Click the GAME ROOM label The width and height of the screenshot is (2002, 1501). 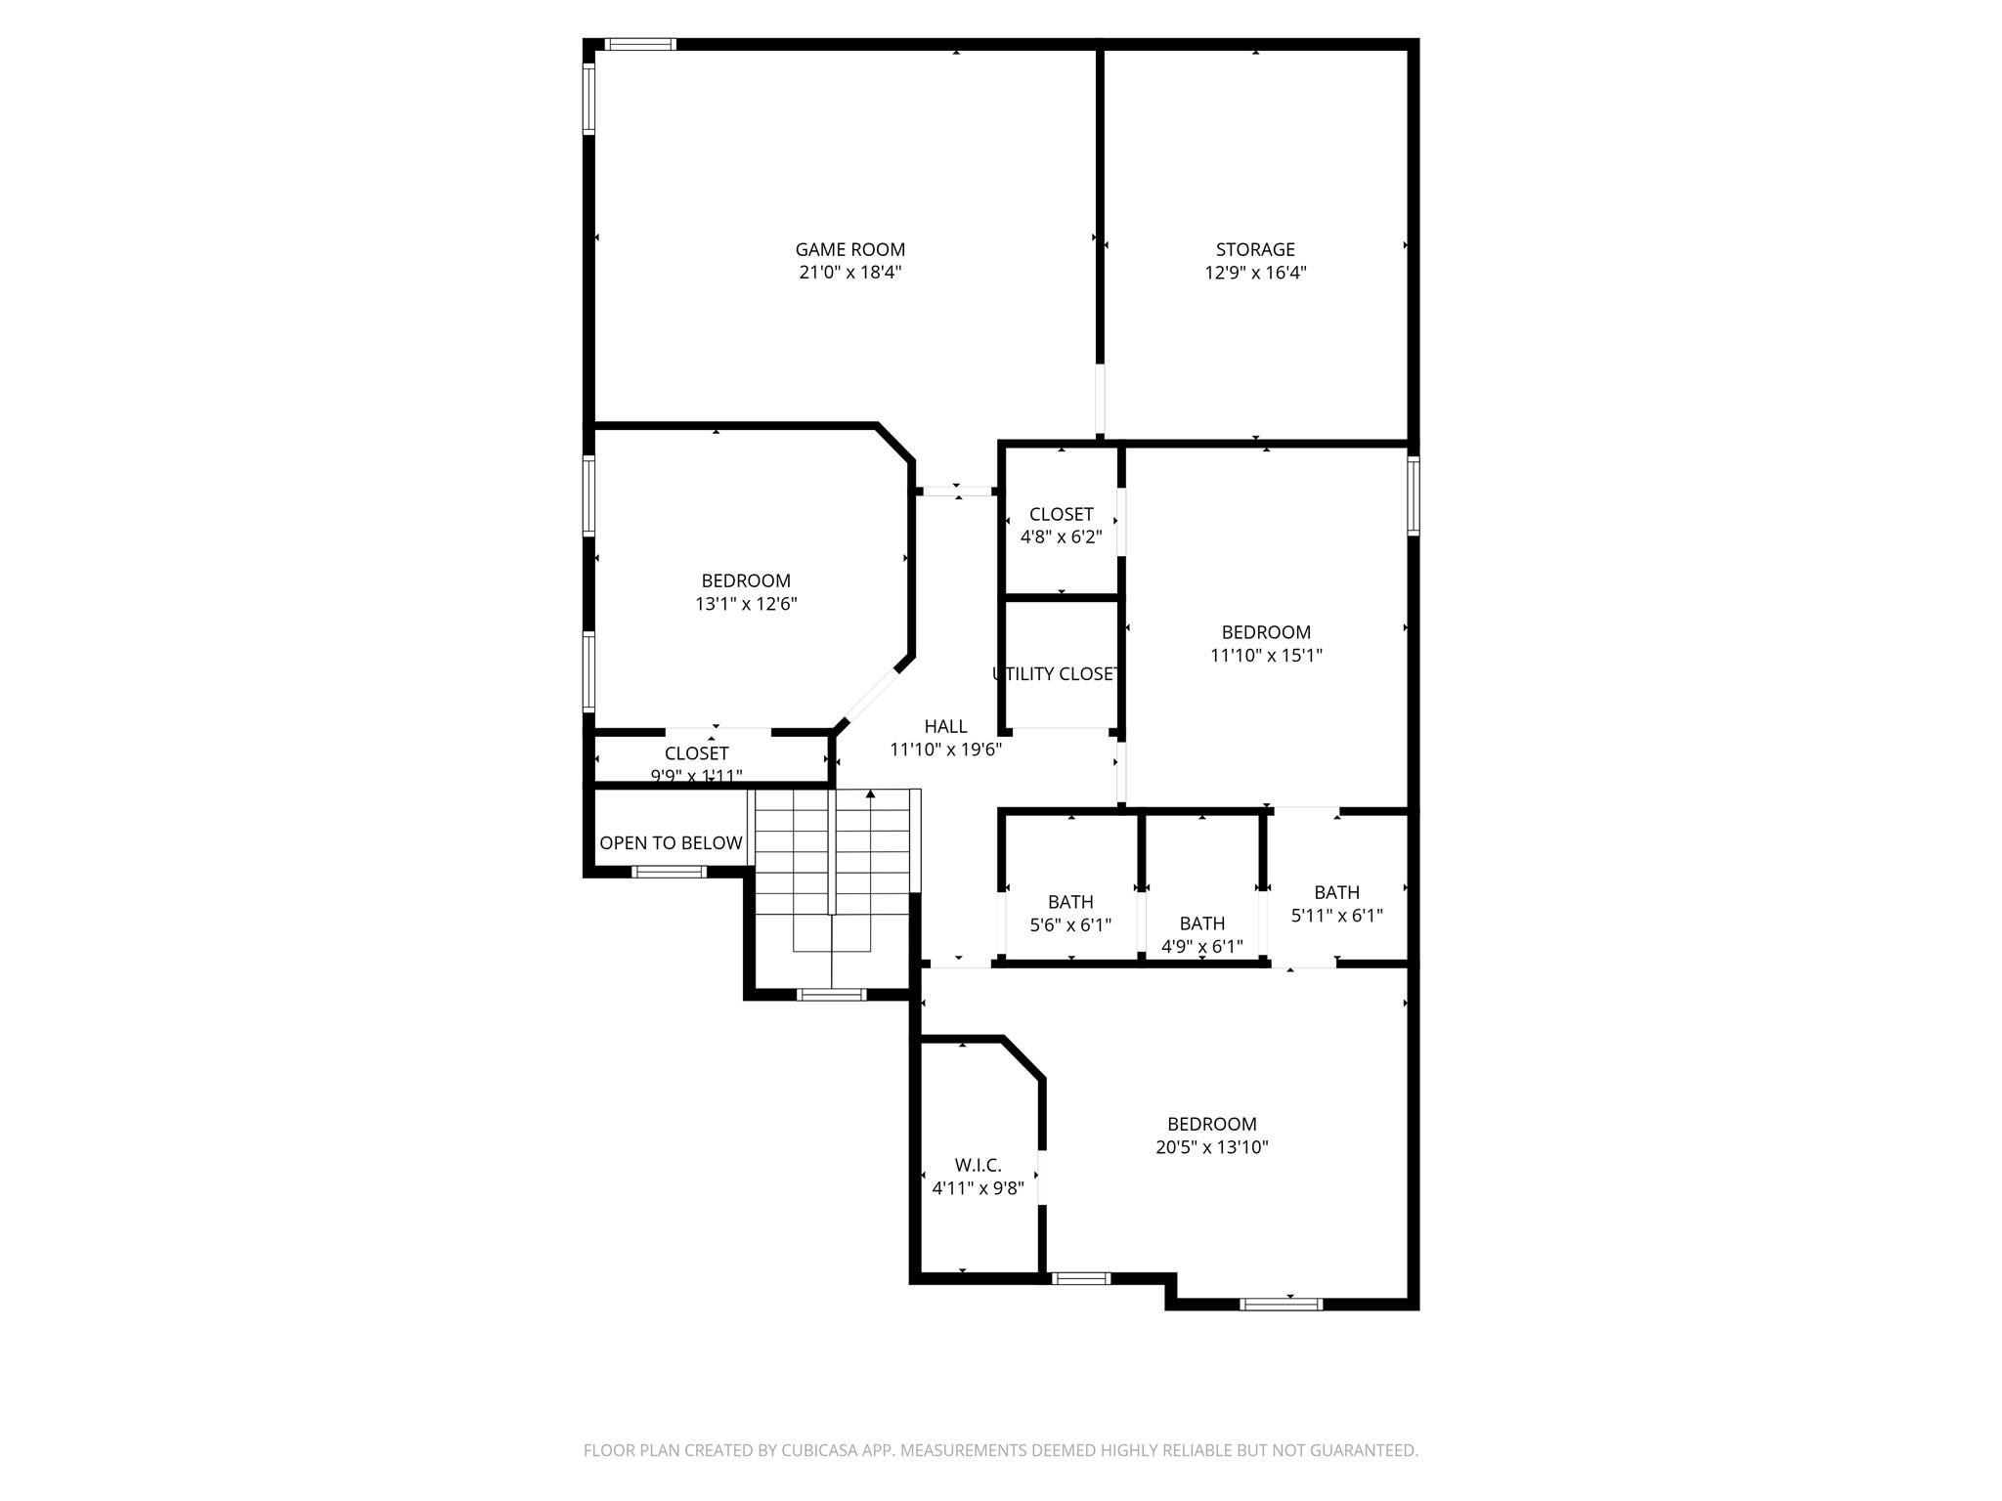[849, 249]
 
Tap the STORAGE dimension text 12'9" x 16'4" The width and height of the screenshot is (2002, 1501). [1255, 273]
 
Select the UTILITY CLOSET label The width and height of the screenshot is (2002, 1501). [1056, 674]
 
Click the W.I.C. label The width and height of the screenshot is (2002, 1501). [978, 1165]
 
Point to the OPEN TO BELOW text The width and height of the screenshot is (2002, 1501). [671, 842]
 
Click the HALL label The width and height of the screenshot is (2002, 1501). [945, 726]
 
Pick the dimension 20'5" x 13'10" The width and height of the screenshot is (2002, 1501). [1211, 1147]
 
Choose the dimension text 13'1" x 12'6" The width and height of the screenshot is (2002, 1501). [746, 604]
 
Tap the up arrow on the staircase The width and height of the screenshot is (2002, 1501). [870, 796]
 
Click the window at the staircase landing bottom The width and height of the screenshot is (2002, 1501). [831, 995]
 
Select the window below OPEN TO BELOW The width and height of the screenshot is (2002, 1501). [669, 872]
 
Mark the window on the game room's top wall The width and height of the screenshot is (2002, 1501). [639, 44]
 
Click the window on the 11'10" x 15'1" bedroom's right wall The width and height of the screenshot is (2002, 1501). [1414, 495]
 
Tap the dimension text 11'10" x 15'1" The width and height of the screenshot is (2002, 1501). [1266, 656]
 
